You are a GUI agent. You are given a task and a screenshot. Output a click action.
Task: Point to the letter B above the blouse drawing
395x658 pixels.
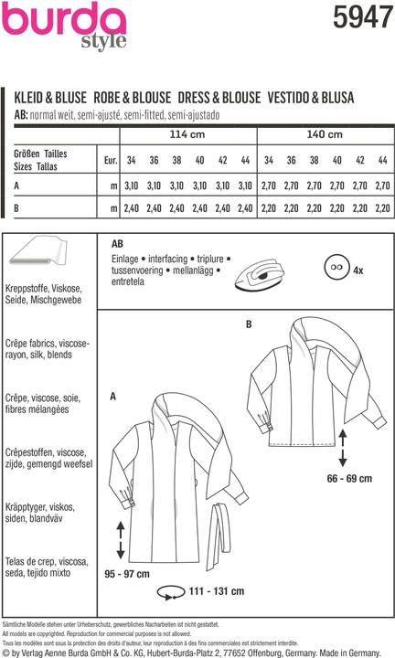tap(248, 324)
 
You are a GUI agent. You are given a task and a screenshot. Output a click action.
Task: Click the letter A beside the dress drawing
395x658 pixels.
tap(112, 397)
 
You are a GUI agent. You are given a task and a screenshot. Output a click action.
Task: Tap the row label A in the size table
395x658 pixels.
tap(17, 186)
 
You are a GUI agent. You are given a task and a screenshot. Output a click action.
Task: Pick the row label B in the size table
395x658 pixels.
tap(17, 209)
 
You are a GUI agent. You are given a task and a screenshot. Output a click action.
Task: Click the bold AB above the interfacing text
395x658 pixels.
tap(117, 245)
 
